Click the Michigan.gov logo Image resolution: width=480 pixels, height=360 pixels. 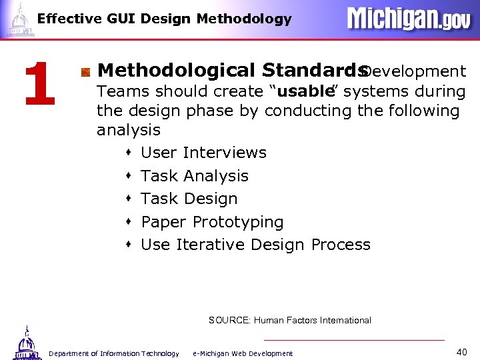(x=408, y=19)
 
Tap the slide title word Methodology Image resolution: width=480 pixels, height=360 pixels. (x=244, y=19)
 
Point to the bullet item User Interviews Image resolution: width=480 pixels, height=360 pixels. (x=203, y=153)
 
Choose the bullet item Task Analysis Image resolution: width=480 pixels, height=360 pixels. (x=195, y=176)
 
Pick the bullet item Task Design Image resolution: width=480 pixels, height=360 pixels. (x=189, y=199)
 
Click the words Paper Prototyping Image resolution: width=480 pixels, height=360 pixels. (x=212, y=222)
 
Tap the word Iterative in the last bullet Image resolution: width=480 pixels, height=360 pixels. (x=209, y=245)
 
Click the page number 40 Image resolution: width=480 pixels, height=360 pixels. (x=462, y=351)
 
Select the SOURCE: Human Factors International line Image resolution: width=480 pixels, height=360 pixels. (x=290, y=321)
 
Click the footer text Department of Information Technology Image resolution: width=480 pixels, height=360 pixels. (x=114, y=353)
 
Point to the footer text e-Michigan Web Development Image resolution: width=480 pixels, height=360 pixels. (x=243, y=353)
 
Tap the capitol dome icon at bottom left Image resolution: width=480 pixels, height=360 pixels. (x=25, y=342)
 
